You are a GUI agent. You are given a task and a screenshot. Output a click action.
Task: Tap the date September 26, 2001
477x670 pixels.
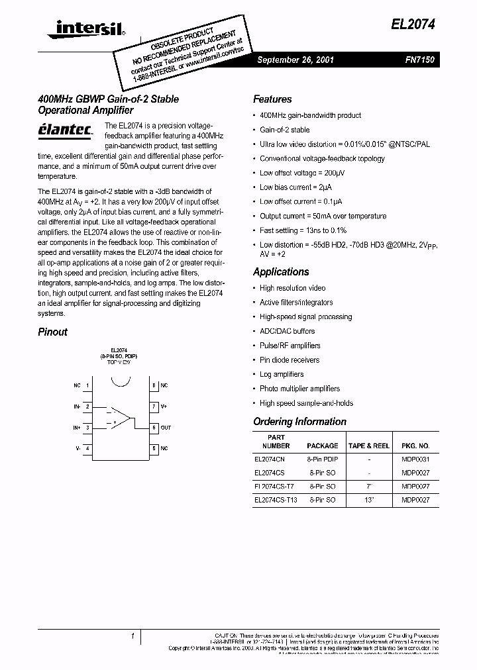295,60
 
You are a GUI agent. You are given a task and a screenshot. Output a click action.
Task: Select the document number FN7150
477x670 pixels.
419,60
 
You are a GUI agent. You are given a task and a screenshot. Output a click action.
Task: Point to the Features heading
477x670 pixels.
272,99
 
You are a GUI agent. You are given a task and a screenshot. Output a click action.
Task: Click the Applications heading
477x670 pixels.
281,272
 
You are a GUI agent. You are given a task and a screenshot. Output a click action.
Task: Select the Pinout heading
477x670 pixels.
52,332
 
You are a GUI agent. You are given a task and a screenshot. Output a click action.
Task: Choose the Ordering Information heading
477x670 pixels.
299,422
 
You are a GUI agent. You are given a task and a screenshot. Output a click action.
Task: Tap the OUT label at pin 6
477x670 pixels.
166,428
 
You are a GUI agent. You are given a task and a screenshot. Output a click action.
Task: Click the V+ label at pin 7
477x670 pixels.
164,407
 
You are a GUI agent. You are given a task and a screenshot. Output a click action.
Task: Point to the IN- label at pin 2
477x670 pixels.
76,407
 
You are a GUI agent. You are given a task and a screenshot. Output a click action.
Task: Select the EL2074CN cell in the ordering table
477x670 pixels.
269,458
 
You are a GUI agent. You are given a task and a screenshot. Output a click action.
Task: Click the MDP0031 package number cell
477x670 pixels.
415,458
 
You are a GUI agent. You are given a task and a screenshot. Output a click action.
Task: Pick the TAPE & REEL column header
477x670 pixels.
369,446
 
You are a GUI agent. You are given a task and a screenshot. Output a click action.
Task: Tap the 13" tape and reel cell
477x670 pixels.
369,501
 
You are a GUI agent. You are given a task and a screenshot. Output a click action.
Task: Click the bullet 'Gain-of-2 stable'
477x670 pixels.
284,130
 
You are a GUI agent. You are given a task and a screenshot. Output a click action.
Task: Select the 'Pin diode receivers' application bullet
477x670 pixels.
290,360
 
